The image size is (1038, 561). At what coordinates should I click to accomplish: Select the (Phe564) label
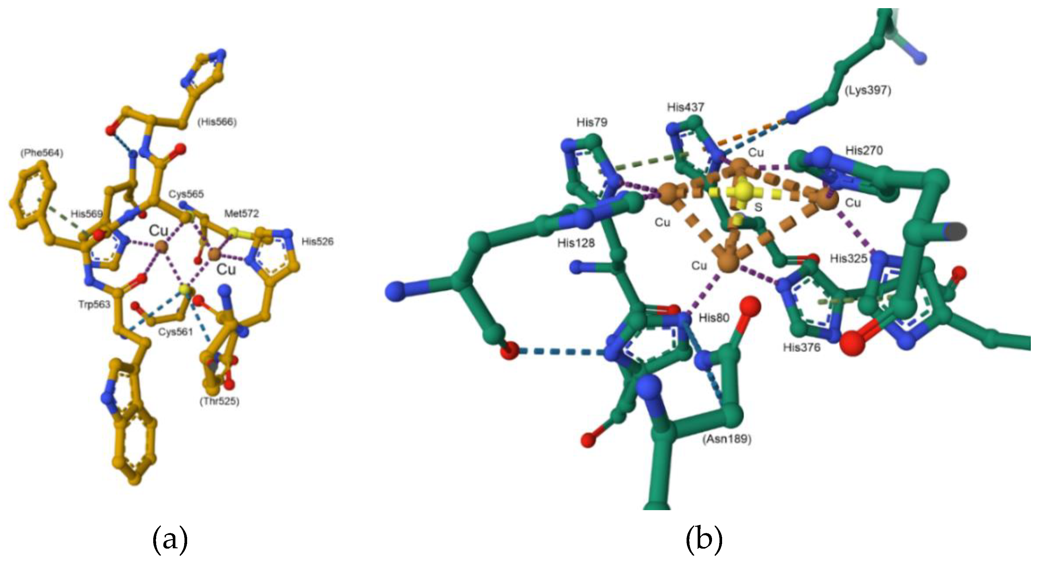41,153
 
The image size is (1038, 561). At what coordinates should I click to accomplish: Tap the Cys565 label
186,194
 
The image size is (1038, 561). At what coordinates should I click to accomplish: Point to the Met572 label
241,213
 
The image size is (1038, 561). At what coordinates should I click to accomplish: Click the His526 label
318,242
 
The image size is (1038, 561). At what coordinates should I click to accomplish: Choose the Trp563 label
94,304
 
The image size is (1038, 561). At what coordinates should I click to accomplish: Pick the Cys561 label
175,332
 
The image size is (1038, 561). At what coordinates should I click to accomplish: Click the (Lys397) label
867,90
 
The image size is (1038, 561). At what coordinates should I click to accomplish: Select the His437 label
685,107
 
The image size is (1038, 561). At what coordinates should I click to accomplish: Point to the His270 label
864,151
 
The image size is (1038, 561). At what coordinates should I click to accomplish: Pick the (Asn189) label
727,439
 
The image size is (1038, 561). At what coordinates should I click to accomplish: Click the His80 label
714,318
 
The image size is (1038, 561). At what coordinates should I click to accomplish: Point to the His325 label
848,259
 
